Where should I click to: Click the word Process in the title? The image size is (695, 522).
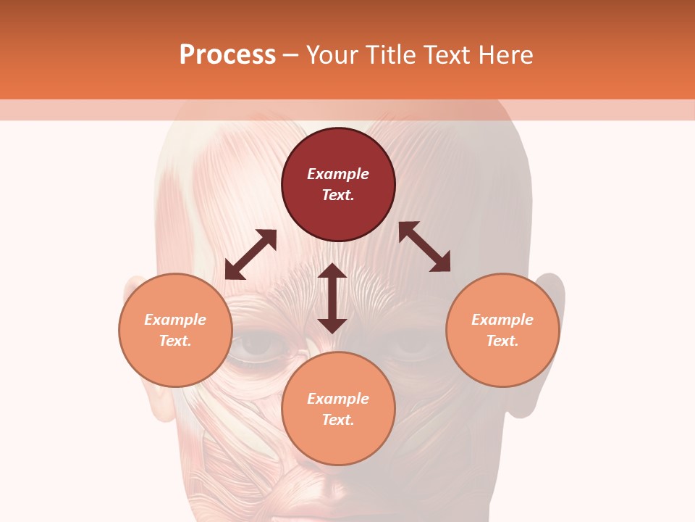(227, 55)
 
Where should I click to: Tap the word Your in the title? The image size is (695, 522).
(332, 56)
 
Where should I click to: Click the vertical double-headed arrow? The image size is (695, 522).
(332, 298)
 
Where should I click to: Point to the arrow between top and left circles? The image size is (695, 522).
(250, 254)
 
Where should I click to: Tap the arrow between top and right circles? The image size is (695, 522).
(424, 246)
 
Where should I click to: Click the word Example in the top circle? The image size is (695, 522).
(338, 174)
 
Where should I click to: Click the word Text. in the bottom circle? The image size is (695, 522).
(338, 420)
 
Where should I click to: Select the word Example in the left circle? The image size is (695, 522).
(175, 320)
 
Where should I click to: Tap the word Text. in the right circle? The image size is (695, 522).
(502, 341)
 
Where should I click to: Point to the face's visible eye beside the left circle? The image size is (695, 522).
(258, 347)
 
